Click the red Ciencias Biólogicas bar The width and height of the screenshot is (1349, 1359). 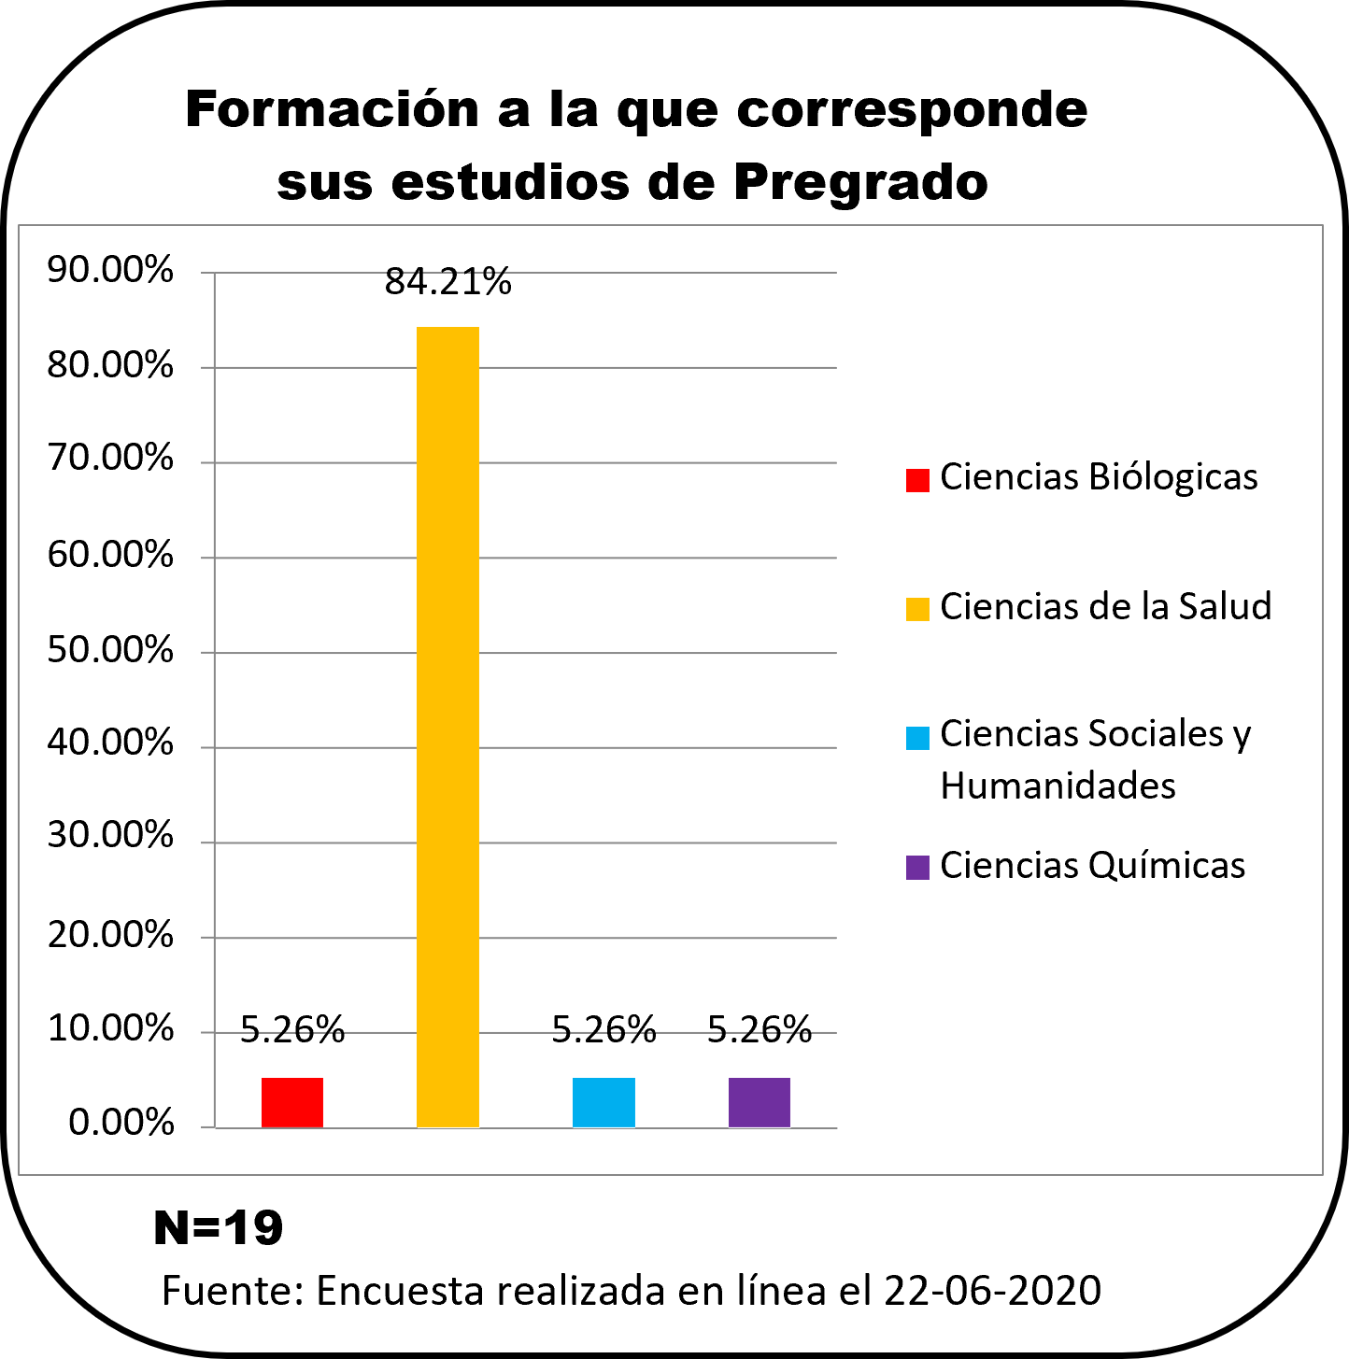[292, 1102]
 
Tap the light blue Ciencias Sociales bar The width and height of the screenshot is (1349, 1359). [603, 1102]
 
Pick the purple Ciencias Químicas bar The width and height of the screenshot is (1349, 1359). [760, 1102]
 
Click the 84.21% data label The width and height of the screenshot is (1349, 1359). [448, 281]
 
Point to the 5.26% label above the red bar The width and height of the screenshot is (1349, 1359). [292, 1029]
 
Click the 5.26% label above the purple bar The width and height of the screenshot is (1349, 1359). [760, 1029]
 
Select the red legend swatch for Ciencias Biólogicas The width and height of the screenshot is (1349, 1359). [917, 479]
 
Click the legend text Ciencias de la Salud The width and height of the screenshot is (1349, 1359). [1105, 606]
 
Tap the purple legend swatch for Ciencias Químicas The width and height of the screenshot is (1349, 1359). [917, 867]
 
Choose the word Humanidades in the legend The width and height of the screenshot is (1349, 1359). [1058, 786]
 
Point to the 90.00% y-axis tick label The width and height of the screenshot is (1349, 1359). [110, 271]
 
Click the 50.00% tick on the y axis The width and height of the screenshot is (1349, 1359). [110, 650]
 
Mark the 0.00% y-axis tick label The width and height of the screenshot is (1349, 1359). [121, 1123]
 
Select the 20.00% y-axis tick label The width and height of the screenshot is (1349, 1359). [110, 934]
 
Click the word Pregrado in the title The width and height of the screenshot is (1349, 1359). [860, 182]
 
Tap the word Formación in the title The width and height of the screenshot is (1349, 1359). [332, 109]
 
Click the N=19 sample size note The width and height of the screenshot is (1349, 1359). [218, 1227]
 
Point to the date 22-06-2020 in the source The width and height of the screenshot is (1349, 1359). [992, 1291]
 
